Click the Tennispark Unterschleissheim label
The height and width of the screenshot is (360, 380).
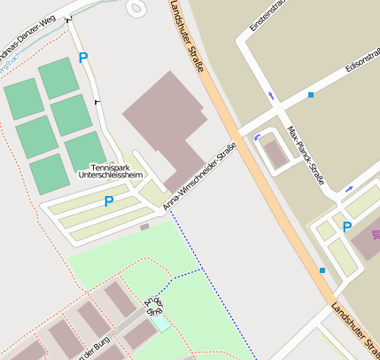tap(110, 171)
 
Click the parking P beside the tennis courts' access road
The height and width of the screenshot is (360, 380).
tap(83, 58)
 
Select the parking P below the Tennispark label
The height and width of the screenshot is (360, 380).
tap(109, 201)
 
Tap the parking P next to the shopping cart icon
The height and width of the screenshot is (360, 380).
tap(347, 227)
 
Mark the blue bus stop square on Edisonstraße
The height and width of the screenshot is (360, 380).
tap(311, 94)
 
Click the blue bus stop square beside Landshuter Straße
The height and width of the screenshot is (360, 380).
tap(322, 270)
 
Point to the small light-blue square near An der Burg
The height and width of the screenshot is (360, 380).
tap(161, 324)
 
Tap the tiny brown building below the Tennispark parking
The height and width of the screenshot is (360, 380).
tap(144, 227)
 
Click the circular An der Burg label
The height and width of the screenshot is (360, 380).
tap(152, 305)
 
